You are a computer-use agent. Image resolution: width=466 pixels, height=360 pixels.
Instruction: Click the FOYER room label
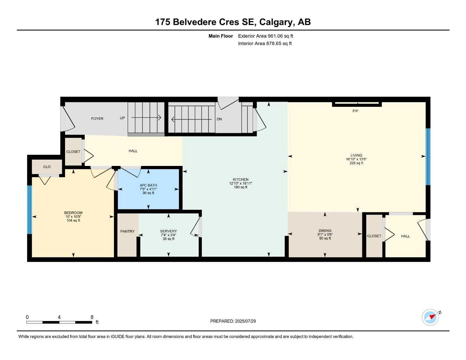(97, 119)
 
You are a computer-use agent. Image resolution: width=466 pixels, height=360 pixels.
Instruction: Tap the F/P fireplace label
(355, 111)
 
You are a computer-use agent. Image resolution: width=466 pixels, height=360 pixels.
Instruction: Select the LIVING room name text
(356, 155)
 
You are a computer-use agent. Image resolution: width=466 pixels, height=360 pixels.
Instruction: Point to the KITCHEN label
(241, 180)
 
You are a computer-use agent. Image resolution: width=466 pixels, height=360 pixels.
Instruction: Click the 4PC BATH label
(148, 185)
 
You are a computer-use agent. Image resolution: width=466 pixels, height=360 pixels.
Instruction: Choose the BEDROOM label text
(73, 213)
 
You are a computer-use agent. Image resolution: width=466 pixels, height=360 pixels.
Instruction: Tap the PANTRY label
(127, 231)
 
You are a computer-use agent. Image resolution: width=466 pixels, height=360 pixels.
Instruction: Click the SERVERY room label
(168, 231)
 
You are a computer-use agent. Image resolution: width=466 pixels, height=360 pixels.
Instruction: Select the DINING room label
(325, 231)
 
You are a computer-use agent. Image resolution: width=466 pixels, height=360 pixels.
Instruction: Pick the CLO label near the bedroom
(47, 167)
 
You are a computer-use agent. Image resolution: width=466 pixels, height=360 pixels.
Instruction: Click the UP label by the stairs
(122, 118)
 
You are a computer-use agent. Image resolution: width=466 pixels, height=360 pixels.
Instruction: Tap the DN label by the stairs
(219, 119)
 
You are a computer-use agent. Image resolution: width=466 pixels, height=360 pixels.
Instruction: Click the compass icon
(430, 317)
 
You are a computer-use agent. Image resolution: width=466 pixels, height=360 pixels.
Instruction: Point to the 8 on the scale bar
(92, 317)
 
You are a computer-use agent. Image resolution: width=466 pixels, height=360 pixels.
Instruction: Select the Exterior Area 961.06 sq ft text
(266, 36)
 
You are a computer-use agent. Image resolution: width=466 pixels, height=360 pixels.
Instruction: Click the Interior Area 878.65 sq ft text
(265, 44)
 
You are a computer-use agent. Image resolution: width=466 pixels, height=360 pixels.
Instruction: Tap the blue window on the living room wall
(428, 156)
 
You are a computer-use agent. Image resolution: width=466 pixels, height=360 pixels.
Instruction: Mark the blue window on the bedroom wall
(30, 210)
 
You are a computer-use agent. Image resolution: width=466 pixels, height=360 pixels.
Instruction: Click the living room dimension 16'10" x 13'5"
(356, 159)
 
